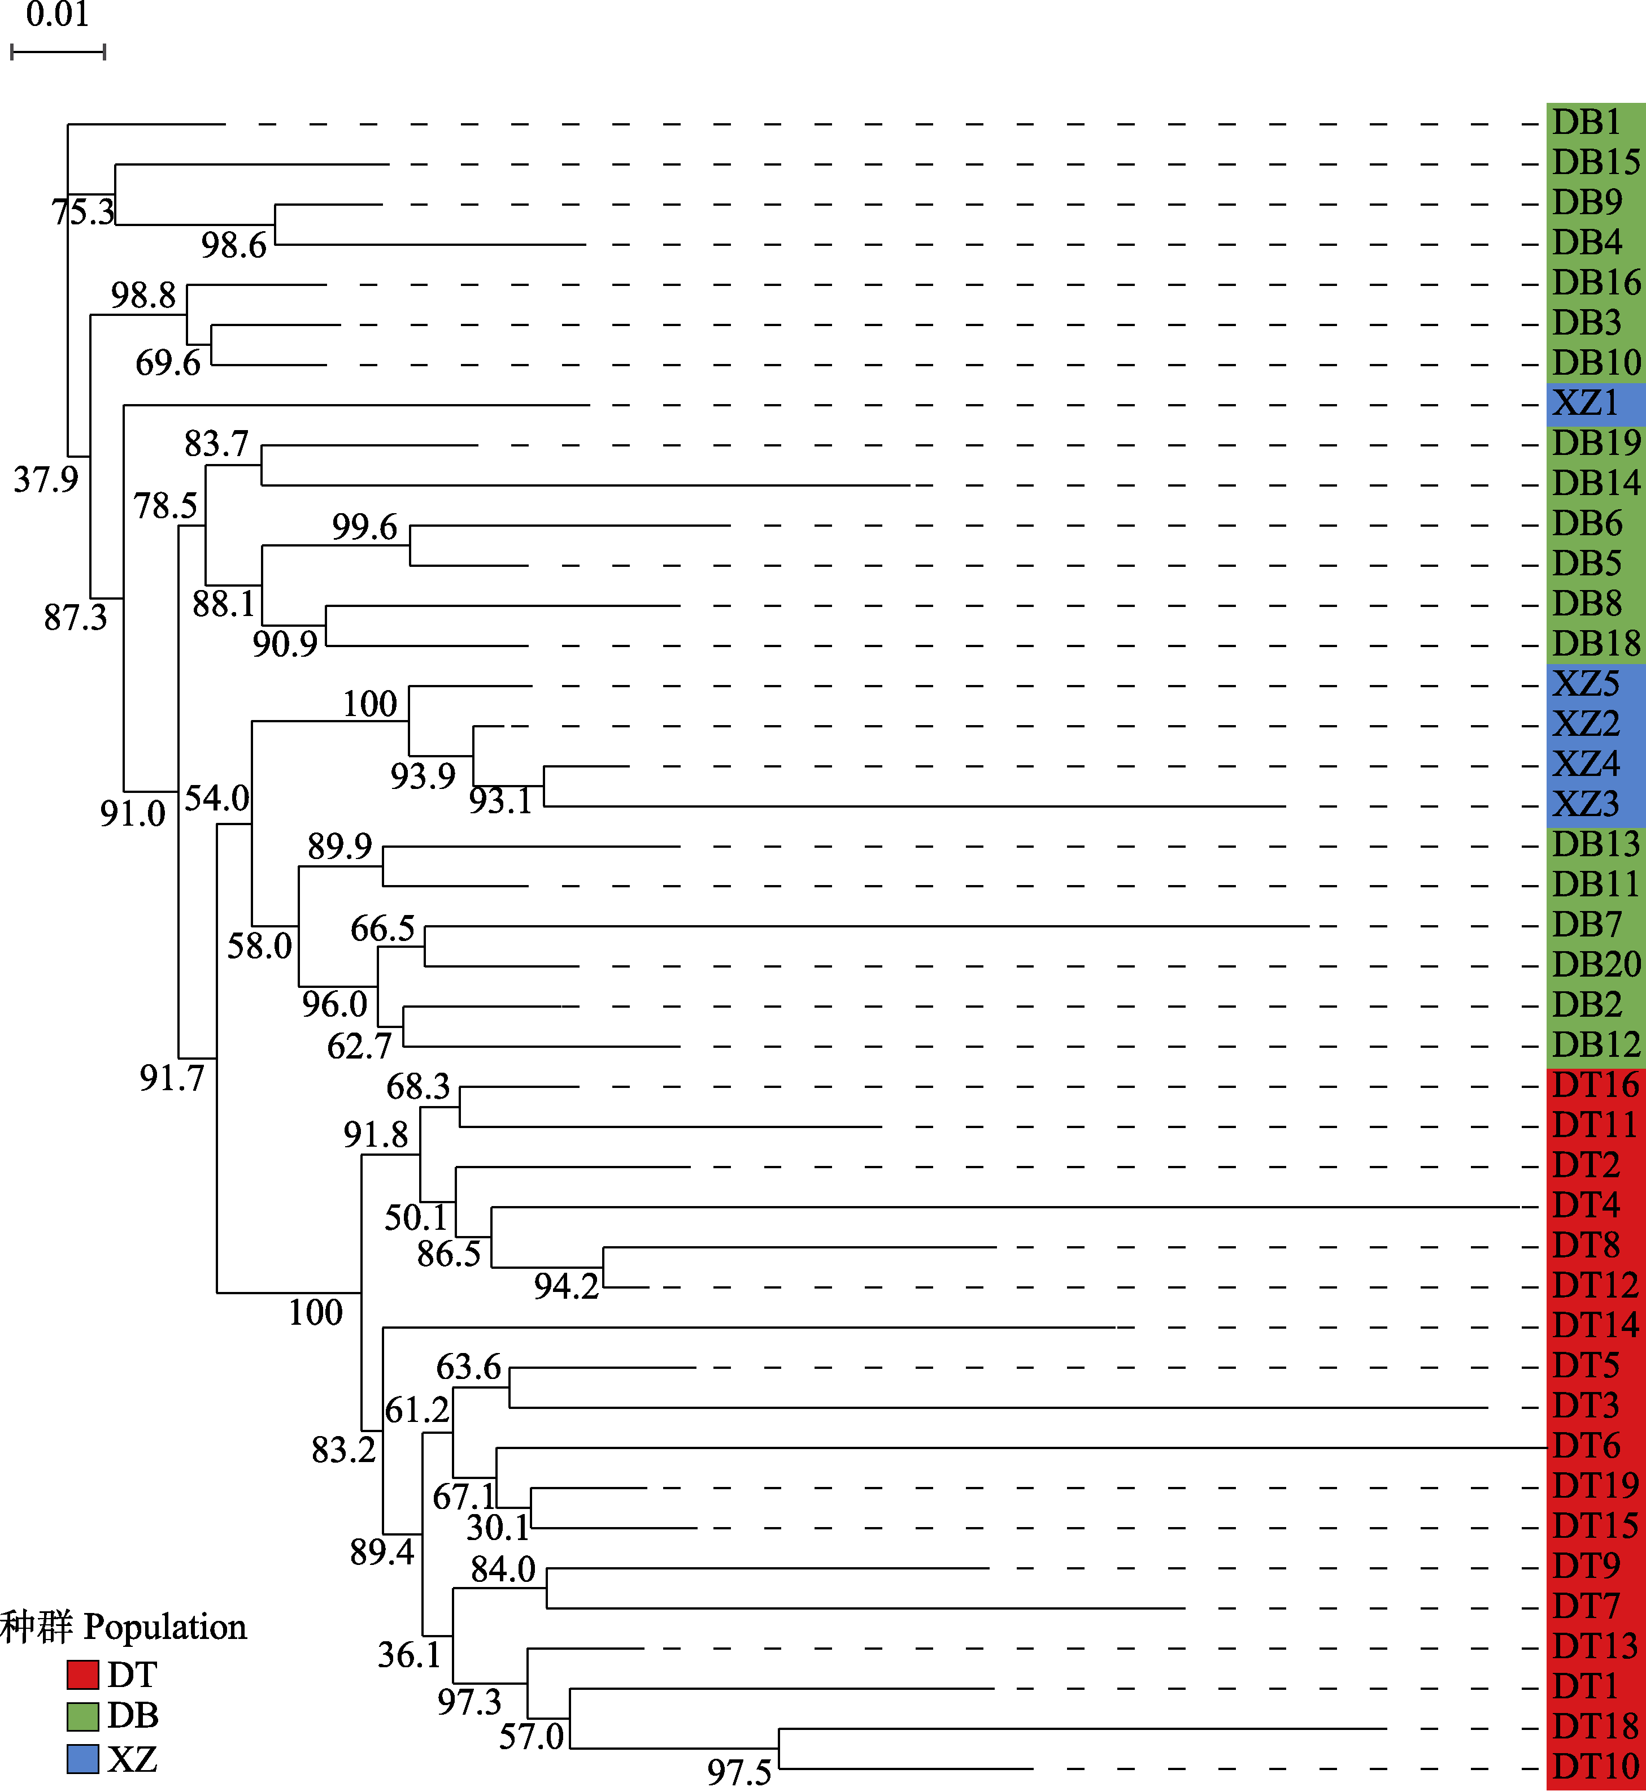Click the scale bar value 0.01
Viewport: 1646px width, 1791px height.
(57, 15)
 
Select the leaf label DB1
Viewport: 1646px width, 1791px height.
(1586, 122)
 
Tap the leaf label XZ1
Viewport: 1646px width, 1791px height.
(1586, 403)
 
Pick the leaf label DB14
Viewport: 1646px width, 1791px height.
(1595, 483)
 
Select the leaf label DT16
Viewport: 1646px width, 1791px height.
(1595, 1085)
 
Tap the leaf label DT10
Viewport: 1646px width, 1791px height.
(1595, 1766)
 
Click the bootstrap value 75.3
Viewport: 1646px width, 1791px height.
(83, 212)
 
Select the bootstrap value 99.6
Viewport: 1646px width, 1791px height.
(364, 527)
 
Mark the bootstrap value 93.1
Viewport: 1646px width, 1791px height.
(500, 801)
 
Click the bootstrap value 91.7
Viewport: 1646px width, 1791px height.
(172, 1078)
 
